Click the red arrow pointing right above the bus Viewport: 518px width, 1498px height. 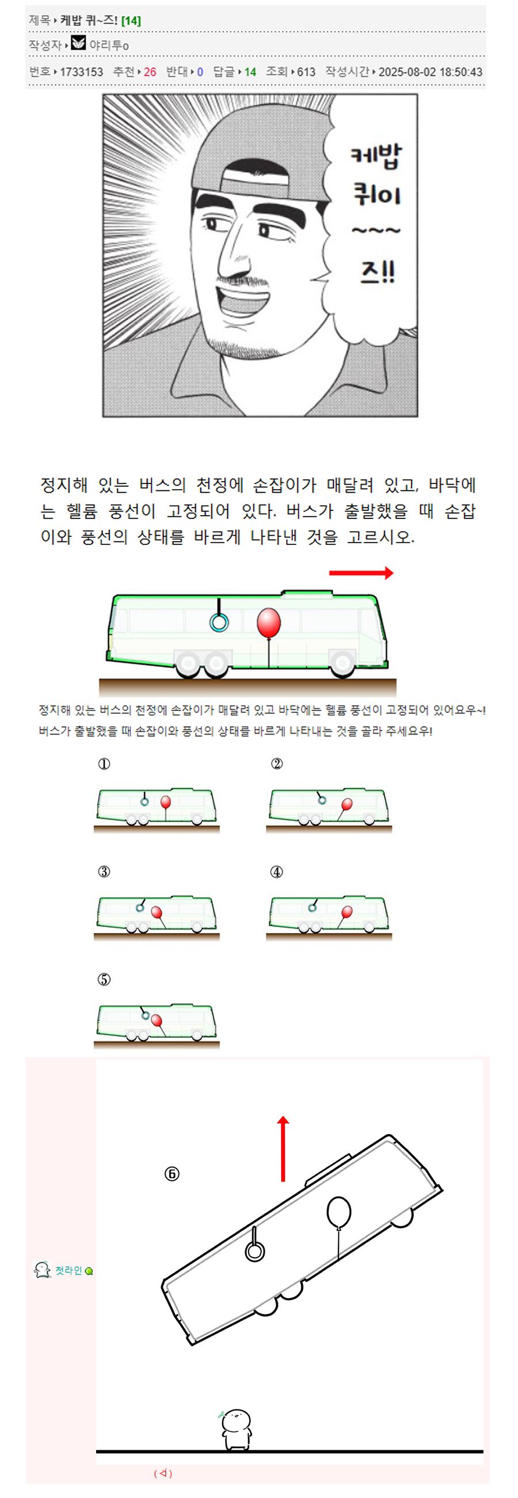[361, 573]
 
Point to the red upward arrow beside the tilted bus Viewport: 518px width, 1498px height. [283, 1149]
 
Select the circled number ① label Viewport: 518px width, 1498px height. [104, 763]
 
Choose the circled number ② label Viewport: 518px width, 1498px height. [276, 763]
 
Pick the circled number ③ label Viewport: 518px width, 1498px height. [104, 871]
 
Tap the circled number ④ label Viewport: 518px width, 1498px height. [276, 871]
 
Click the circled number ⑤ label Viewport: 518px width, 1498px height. [104, 980]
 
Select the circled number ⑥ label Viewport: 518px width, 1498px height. [172, 1174]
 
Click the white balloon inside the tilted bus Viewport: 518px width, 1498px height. [339, 1212]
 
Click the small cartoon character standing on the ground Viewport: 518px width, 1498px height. [236, 1428]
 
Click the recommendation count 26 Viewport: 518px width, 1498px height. [150, 71]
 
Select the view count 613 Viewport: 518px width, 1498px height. [306, 71]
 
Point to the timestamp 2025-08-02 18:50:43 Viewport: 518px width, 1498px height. [430, 71]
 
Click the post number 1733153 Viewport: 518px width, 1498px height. [82, 71]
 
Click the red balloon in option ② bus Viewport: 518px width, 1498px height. [347, 804]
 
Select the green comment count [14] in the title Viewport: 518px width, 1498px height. [131, 20]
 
